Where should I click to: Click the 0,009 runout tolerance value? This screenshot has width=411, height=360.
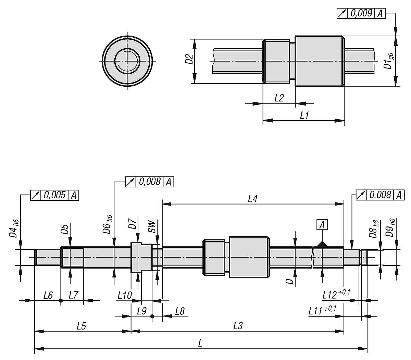coord(361,13)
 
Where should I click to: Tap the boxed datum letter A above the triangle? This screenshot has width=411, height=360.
coord(322,225)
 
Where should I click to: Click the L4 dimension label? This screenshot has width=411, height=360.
coord(252,199)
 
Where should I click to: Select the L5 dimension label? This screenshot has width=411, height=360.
coord(81,326)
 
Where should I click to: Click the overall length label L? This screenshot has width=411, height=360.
coord(200,344)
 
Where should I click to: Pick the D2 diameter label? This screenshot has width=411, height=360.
coord(189,59)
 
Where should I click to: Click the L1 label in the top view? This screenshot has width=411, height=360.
coord(304,115)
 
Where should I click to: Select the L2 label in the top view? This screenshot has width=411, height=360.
coord(279,98)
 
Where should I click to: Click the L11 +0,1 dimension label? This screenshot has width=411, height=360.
coord(322,310)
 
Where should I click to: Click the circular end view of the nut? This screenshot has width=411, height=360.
coord(127,61)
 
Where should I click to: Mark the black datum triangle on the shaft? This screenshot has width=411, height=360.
coord(322,244)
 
